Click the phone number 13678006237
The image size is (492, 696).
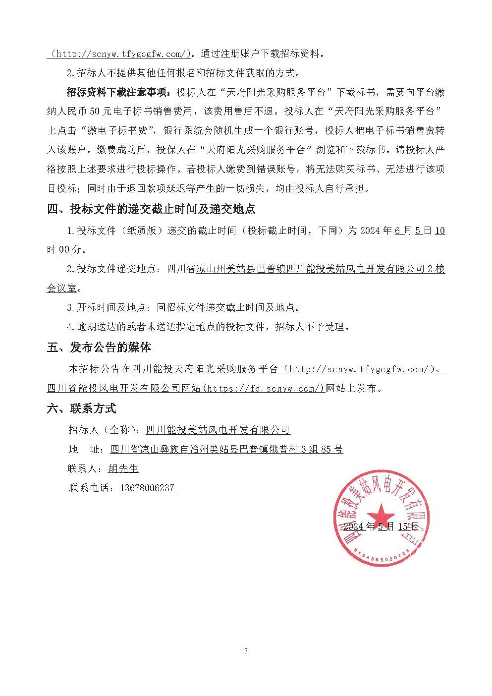147,488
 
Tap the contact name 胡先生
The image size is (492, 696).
123,468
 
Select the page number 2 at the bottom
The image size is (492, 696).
246,651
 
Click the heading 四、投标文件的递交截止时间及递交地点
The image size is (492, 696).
151,209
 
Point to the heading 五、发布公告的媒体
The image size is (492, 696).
99,347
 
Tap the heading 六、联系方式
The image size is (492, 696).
82,408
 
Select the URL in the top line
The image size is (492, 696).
119,54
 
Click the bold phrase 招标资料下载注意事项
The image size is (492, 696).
118,92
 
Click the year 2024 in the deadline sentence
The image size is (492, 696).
371,231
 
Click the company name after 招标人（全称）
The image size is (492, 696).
218,429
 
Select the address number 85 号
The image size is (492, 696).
332,449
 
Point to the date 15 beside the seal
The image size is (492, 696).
404,526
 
